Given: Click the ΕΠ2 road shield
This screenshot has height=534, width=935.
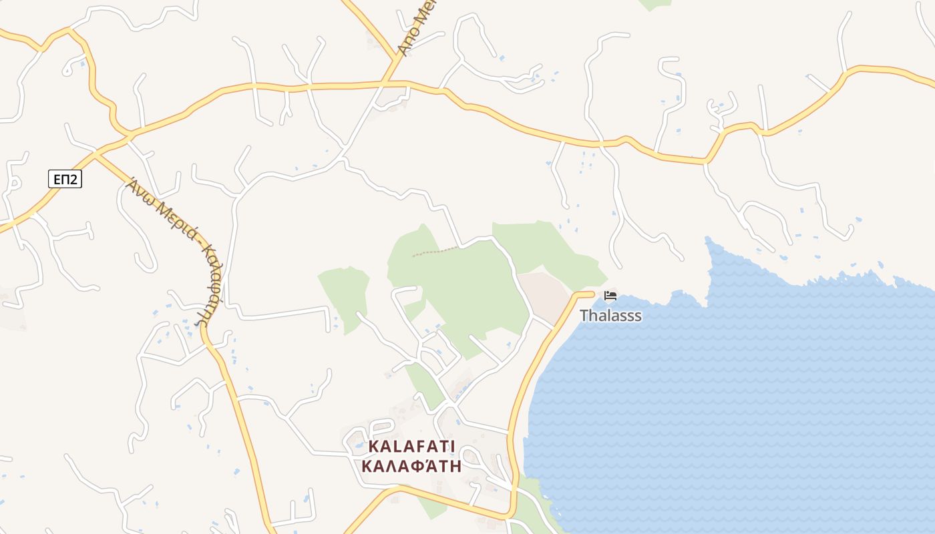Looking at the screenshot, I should (65, 179).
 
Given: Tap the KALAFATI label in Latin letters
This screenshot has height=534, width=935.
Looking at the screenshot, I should (411, 446).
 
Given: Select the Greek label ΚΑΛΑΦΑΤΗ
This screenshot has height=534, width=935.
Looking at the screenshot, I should (411, 466).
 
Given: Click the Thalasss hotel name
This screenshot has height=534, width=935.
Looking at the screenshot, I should (610, 315).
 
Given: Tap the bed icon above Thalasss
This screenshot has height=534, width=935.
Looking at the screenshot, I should (610, 296).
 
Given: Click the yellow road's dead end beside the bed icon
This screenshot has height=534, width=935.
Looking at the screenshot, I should (592, 293).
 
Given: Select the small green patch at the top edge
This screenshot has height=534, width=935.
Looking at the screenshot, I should (655, 4).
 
